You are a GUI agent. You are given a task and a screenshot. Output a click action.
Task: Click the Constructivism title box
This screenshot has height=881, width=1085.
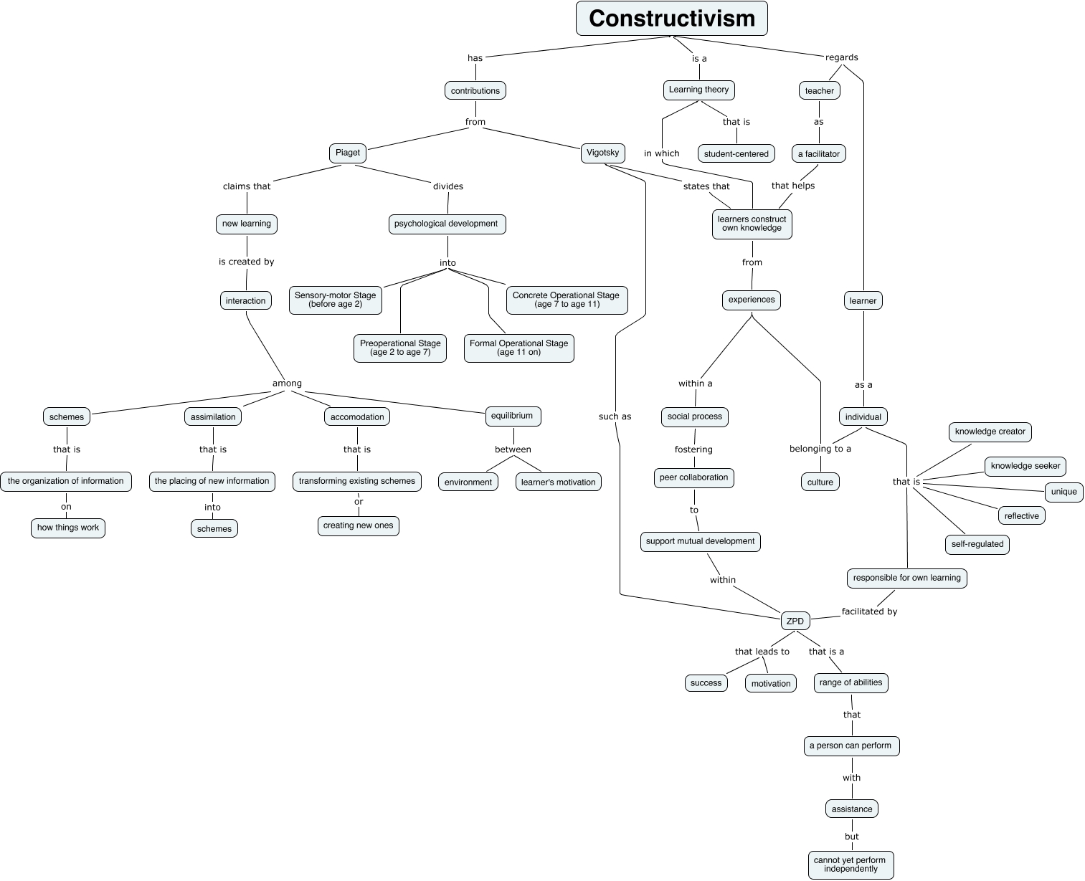(x=671, y=19)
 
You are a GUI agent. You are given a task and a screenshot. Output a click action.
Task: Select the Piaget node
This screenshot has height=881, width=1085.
(x=348, y=153)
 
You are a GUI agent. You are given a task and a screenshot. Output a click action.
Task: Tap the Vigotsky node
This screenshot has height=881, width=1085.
(x=602, y=153)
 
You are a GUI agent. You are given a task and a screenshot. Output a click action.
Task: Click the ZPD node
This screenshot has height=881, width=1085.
(x=795, y=621)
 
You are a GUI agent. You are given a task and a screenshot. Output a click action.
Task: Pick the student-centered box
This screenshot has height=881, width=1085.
(x=736, y=153)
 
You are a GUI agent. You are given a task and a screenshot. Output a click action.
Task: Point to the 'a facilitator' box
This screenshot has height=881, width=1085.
(x=818, y=153)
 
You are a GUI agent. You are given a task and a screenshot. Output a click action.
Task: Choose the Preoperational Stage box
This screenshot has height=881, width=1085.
(x=400, y=348)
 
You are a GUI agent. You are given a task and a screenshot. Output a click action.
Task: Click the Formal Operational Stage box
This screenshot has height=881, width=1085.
(x=518, y=348)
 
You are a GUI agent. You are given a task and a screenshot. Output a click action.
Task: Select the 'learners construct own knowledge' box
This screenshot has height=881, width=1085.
(x=752, y=224)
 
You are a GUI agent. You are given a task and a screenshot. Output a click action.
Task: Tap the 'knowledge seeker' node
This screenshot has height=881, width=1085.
(x=1025, y=466)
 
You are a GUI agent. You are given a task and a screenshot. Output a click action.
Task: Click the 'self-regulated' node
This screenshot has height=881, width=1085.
(x=977, y=544)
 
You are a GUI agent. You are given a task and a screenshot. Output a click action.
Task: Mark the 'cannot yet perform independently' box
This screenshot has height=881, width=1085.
(x=851, y=865)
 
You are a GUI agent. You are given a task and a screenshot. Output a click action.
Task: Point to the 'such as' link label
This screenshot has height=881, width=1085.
(x=615, y=416)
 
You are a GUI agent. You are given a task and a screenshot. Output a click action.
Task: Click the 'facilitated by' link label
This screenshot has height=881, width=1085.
(x=869, y=611)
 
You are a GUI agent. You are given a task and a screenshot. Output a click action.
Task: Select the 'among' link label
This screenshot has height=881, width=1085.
(x=287, y=384)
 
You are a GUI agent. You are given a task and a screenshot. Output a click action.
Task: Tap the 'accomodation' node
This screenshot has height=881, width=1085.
(x=357, y=416)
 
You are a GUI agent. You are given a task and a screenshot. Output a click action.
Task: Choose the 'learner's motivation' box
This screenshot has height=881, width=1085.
(x=558, y=482)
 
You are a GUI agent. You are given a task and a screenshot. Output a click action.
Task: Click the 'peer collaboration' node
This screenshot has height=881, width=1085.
(x=693, y=477)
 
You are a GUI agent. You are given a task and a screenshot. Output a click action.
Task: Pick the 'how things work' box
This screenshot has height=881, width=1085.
(x=68, y=528)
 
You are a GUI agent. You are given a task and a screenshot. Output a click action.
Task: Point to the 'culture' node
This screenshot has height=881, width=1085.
(x=820, y=482)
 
